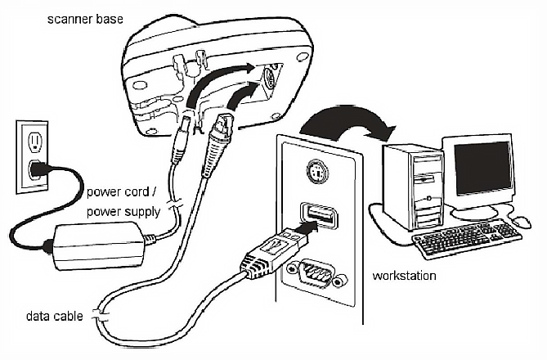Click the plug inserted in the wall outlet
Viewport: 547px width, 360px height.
[35, 169]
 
